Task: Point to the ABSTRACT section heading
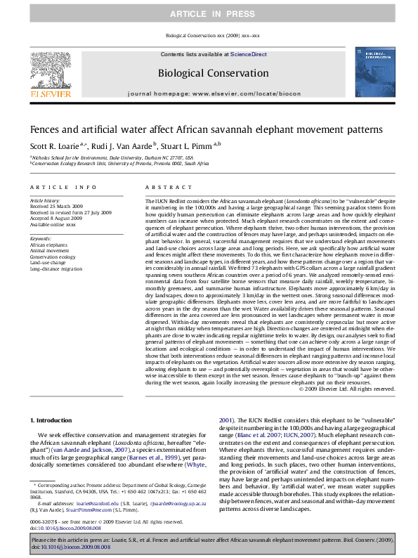point(163,188)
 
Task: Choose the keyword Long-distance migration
point(56,269)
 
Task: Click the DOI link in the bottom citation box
point(70,546)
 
